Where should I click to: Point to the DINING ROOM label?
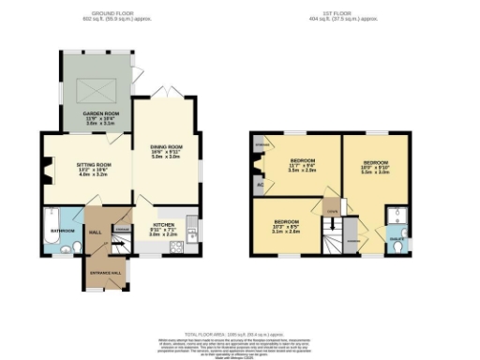[166, 147]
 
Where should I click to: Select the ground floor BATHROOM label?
[63, 230]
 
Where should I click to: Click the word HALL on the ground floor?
[95, 232]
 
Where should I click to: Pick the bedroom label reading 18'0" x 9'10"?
[375, 163]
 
